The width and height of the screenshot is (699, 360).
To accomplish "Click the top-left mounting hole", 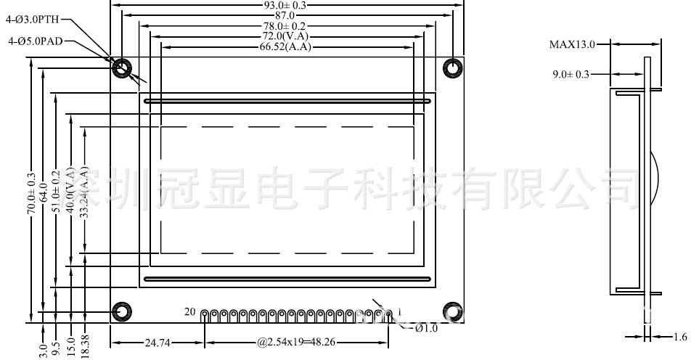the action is click(122, 68).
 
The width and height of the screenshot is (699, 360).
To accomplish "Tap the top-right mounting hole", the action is click(454, 68).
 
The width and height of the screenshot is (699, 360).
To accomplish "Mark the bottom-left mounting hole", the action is click(122, 311).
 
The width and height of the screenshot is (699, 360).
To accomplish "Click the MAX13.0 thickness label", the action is click(571, 44).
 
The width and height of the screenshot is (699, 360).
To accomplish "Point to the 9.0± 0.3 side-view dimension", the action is click(571, 74).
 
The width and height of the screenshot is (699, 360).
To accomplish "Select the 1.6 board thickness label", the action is click(680, 336).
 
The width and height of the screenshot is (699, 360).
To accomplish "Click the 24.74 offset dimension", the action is click(158, 341).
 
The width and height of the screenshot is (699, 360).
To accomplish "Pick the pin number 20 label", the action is click(190, 312).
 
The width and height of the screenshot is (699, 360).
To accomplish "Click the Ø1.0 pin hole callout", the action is click(426, 329).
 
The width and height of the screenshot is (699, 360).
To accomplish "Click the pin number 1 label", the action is click(392, 312).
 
